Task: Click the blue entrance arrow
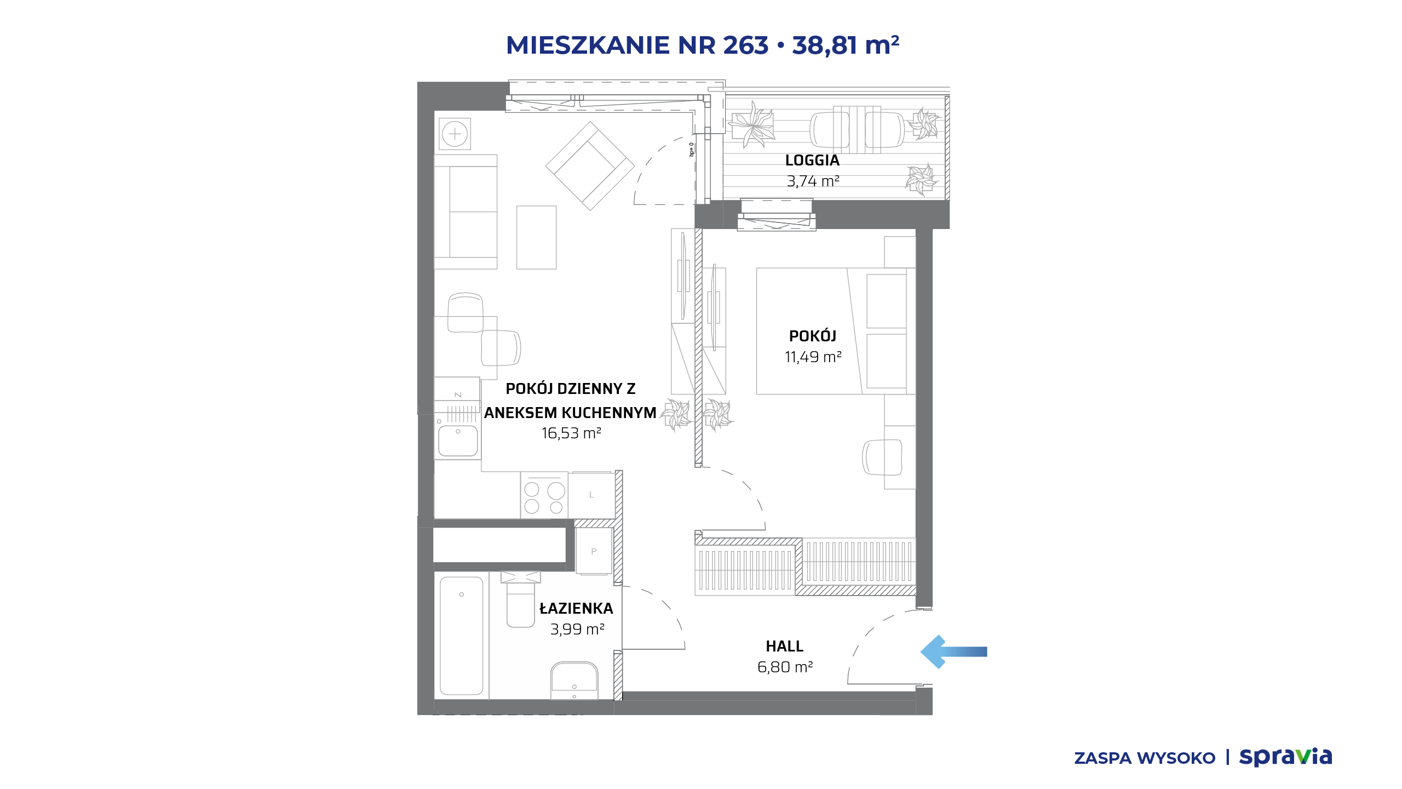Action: (953, 651)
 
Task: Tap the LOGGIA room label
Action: (812, 161)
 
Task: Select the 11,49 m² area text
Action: (813, 357)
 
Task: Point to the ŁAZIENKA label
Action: (576, 608)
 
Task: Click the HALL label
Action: (784, 647)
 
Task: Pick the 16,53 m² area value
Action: (571, 433)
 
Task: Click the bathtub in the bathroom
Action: (462, 636)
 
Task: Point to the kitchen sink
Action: (458, 441)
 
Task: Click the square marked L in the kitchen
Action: (591, 495)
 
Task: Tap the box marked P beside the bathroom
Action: (594, 551)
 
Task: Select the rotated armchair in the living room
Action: (590, 166)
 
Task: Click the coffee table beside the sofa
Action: (536, 237)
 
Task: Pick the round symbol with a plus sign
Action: (455, 134)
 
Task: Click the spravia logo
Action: (1285, 757)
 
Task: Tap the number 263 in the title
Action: (745, 45)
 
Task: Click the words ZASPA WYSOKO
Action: (1145, 758)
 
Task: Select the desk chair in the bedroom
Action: (882, 458)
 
